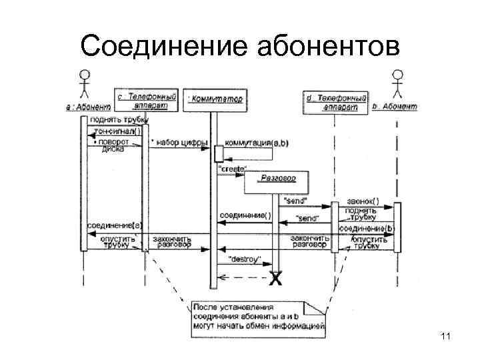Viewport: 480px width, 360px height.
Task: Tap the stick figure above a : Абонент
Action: (85, 83)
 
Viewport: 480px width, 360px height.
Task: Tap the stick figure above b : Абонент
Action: (397, 83)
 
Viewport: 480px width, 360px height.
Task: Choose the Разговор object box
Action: (275, 182)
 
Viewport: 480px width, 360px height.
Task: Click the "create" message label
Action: (232, 169)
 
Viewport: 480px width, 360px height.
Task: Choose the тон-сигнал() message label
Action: (117, 131)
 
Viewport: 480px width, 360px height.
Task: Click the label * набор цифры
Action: (178, 143)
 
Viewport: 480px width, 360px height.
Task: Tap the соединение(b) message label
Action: (367, 228)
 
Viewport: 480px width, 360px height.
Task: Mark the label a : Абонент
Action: (87, 106)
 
